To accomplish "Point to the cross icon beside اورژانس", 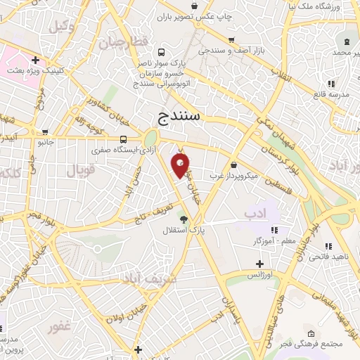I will [x=259, y=263].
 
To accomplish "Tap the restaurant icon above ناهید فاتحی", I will [x=328, y=246].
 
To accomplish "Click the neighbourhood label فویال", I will [x=79, y=170].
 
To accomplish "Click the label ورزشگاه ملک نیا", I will [x=327, y=6].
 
